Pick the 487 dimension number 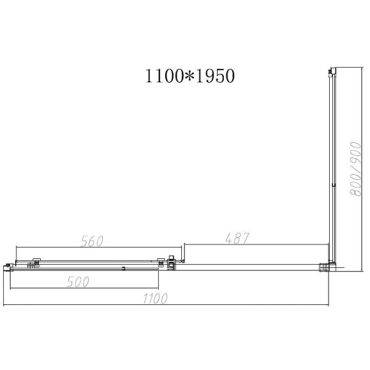235,237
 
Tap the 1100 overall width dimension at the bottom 154,299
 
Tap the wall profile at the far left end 7,267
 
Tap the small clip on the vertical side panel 333,186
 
